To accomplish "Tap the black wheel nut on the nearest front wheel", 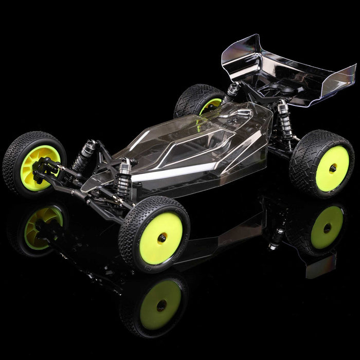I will click(162, 237).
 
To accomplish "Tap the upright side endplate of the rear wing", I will click(342, 82).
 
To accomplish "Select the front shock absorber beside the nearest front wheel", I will click(123, 177).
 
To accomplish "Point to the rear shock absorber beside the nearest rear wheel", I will click(284, 121).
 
